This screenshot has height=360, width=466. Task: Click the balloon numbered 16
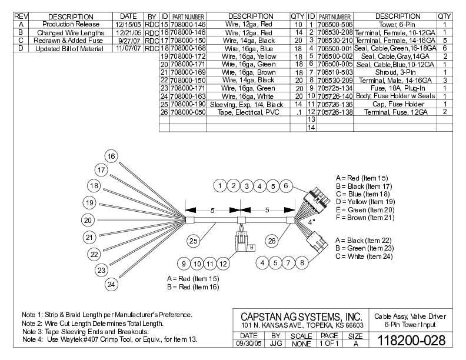click(111, 156)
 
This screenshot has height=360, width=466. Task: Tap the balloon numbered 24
click(111, 285)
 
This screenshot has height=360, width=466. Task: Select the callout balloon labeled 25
click(194, 240)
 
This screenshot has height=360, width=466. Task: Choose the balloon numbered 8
click(301, 263)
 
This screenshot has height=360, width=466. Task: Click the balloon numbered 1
click(219, 186)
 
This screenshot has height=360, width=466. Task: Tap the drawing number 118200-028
click(410, 340)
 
